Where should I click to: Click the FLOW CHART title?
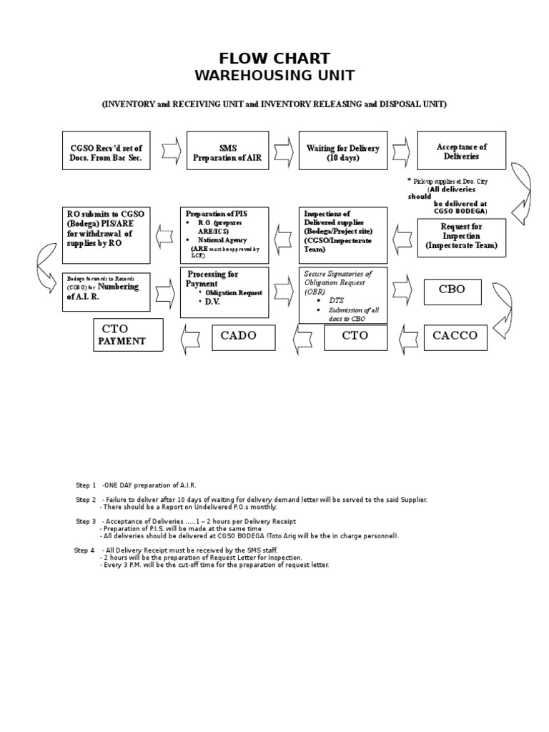coord(274,59)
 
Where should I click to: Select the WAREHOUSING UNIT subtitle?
coord(274,75)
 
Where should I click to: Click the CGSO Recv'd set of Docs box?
coord(107,152)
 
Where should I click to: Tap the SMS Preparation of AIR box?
coord(228,152)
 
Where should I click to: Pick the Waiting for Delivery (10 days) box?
coord(342,152)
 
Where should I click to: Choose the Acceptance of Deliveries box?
coord(461,151)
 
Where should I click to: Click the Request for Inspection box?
coord(461,237)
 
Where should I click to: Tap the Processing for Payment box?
coord(224,292)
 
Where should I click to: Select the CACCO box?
coord(455,335)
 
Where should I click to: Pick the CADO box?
coord(243,336)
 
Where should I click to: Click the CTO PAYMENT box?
coord(128,335)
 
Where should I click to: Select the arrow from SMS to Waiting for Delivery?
coord(284,151)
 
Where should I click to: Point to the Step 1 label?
coord(86,485)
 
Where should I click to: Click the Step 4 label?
coord(84,550)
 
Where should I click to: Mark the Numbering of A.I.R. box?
coord(107,291)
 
